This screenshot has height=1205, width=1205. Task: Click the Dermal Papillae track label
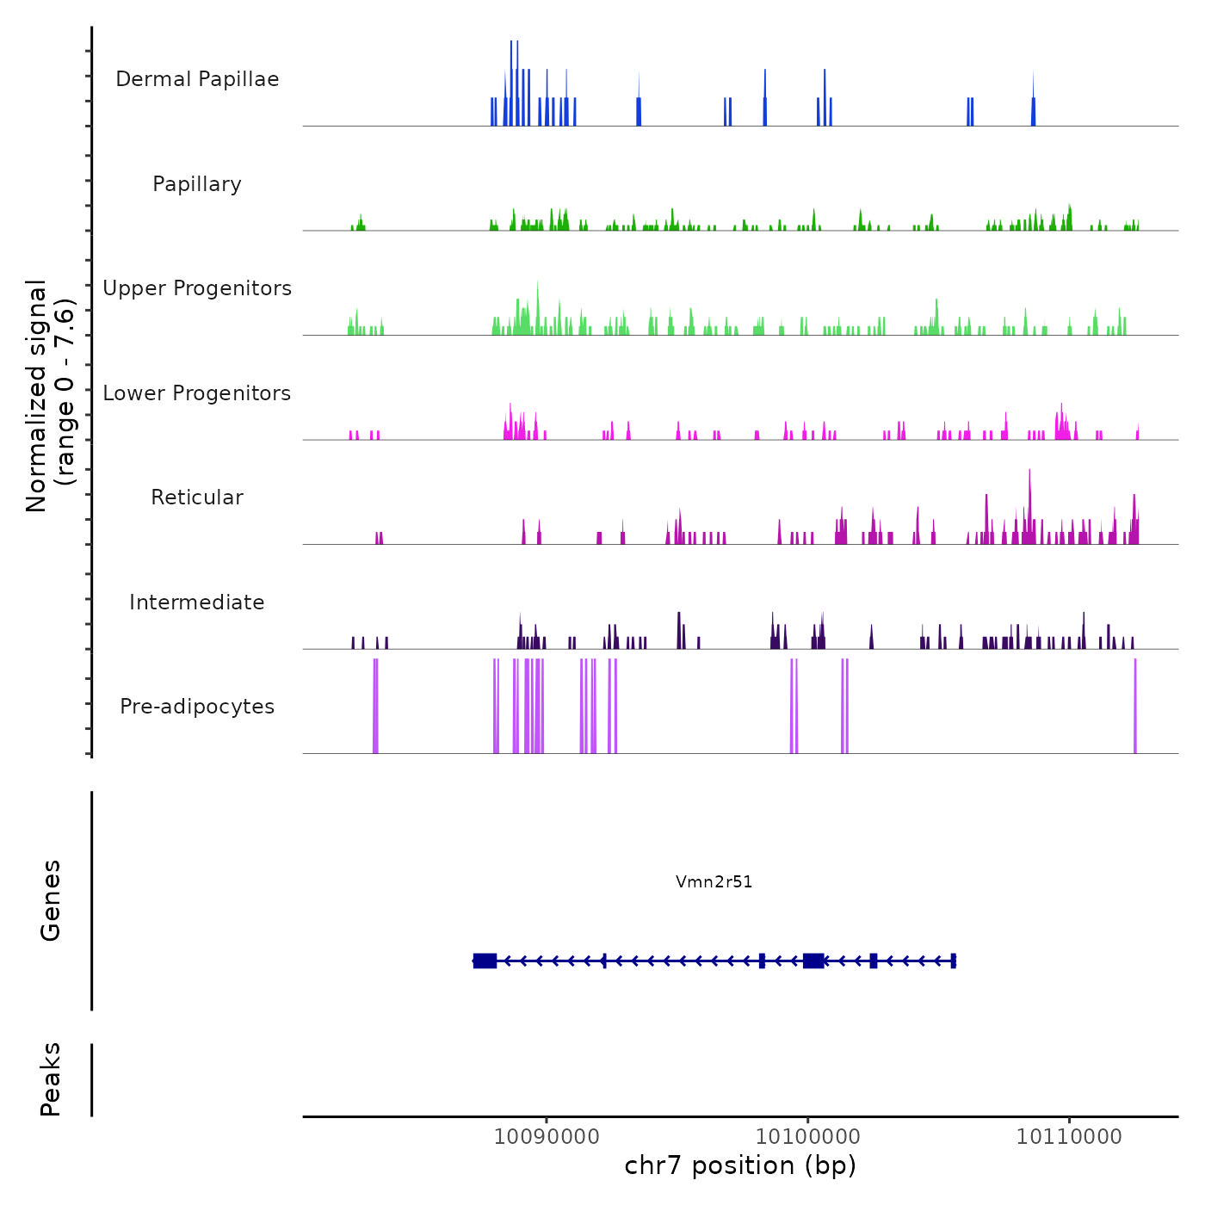point(197,79)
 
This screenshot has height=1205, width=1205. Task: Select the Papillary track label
point(197,184)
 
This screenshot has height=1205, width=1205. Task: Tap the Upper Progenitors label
point(197,288)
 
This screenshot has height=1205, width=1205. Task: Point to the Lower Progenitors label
point(197,393)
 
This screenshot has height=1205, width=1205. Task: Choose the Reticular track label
point(197,497)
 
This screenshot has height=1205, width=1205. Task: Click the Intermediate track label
point(197,602)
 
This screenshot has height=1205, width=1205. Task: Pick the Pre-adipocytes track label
point(197,707)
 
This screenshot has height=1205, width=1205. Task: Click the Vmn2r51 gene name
point(714,881)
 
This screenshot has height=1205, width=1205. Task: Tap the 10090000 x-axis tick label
point(547,1137)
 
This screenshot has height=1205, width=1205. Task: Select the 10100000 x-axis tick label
point(807,1137)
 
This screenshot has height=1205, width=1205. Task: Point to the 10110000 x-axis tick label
point(1069,1137)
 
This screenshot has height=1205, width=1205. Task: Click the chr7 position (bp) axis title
point(740,1165)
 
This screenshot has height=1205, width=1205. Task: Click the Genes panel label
point(51,900)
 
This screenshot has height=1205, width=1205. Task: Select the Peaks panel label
point(51,1079)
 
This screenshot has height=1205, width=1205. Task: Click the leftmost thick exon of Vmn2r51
point(485,961)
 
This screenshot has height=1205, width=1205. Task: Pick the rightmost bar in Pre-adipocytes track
point(1135,706)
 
